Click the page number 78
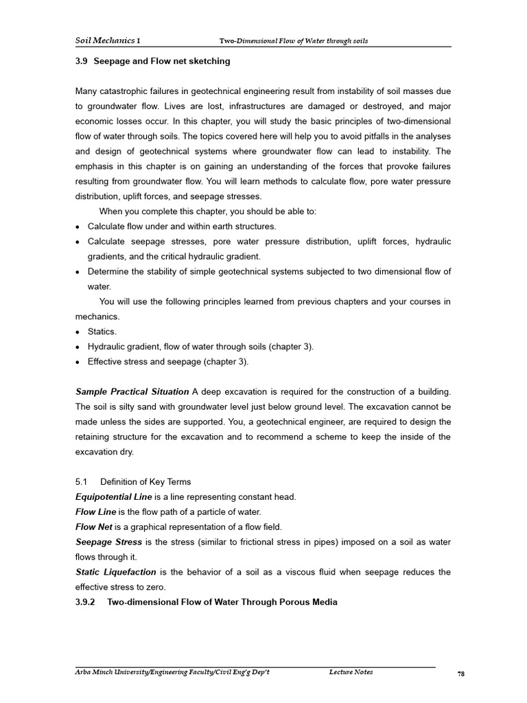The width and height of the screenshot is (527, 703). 461,674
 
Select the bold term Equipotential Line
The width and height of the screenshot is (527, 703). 109,496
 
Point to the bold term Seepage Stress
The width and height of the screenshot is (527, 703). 108,542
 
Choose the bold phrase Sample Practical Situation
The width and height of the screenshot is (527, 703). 132,391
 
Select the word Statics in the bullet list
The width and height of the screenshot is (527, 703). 102,332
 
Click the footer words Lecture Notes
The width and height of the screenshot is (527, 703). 351,672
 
